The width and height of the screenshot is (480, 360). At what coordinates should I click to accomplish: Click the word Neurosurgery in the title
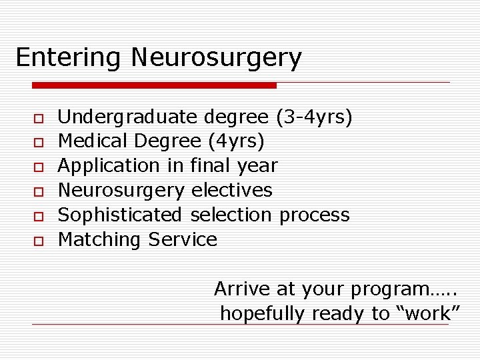tap(216, 58)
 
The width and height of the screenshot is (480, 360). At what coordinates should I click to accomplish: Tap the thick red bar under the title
tap(154, 85)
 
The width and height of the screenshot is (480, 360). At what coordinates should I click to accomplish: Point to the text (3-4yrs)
tap(313, 118)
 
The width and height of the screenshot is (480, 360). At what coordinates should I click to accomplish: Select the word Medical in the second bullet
tap(93, 141)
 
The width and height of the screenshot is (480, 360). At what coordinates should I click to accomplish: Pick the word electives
tap(231, 190)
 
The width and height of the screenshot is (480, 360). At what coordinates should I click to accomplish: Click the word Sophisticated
tap(120, 215)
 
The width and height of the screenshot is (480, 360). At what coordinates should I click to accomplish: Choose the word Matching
tap(101, 239)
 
